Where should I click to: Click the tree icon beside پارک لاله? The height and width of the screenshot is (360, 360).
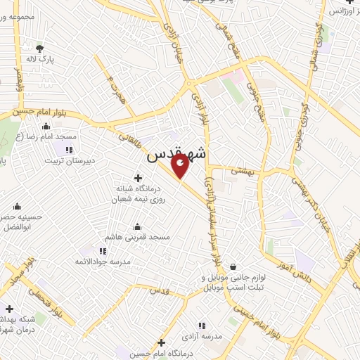[x=40, y=49]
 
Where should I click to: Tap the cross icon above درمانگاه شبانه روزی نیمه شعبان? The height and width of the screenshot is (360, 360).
[x=138, y=178]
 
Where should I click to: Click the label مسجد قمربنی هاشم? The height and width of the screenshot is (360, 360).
[x=138, y=237]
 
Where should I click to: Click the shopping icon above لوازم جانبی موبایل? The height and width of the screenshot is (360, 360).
[x=233, y=266]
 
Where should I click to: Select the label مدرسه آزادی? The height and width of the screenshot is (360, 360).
[x=202, y=337]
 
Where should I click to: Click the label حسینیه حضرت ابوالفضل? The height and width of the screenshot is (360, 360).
[x=22, y=222]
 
